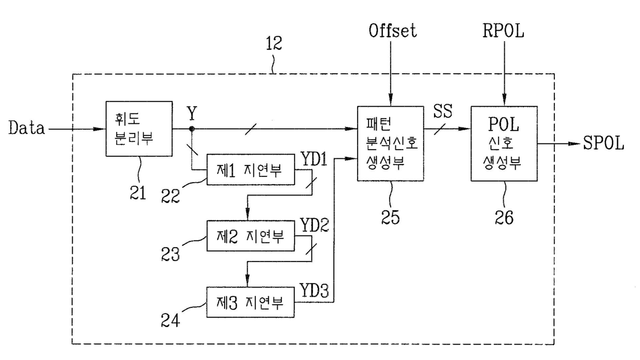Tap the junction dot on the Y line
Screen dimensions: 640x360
[191, 129]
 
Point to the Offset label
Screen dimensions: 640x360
[393, 30]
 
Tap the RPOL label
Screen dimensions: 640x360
[503, 30]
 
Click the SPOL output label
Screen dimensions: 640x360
[603, 143]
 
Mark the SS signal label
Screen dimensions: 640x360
[442, 111]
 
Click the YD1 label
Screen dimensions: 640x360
[314, 159]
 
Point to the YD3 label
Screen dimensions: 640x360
[314, 290]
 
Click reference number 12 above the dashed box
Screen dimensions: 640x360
[274, 43]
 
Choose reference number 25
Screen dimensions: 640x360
[390, 218]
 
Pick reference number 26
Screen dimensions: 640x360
[504, 218]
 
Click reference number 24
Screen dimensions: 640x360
[170, 320]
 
